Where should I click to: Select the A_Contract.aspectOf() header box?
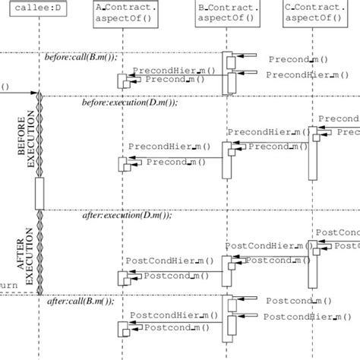pos(126,13)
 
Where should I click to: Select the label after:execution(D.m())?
pos(127,215)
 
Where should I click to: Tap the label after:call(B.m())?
pos(81,301)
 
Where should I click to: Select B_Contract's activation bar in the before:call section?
pos(226,73)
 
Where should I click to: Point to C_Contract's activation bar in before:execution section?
pos(312,152)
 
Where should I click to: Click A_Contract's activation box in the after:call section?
pos(122,328)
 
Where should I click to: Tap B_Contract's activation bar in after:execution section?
pos(226,273)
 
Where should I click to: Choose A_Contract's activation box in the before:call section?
pos(122,81)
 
